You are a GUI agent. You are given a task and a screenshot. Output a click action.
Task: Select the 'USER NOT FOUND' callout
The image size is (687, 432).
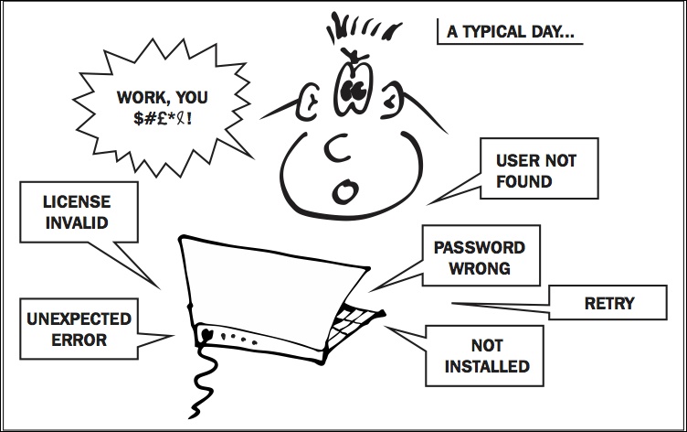pyautogui.click(x=536, y=171)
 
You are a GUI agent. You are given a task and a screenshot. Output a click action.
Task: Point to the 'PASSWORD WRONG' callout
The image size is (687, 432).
pyautogui.click(x=479, y=258)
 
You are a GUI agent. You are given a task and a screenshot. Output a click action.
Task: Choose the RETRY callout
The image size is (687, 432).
pyautogui.click(x=608, y=303)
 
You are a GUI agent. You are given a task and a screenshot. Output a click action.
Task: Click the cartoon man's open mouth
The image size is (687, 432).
pyautogui.click(x=343, y=190)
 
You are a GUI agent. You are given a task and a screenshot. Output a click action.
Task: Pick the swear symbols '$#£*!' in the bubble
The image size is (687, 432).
pyautogui.click(x=161, y=119)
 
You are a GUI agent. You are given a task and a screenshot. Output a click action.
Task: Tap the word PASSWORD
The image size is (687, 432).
pyautogui.click(x=479, y=248)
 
